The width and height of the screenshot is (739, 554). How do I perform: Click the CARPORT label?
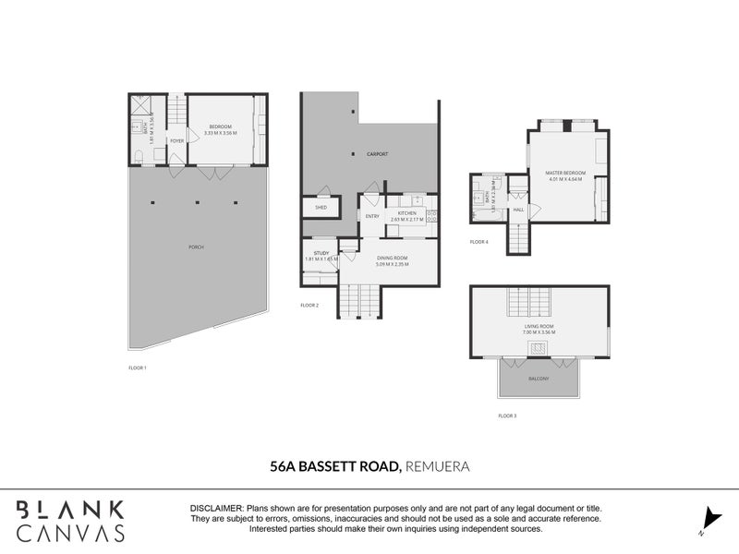[375, 154]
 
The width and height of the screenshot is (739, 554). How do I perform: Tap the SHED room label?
[321, 208]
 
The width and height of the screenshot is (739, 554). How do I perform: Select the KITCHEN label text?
[407, 213]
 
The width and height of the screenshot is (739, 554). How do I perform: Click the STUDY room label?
[321, 253]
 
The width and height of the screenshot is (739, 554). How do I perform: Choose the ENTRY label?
[372, 217]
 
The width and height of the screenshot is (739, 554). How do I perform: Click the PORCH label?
[195, 247]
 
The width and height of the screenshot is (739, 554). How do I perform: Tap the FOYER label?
[176, 140]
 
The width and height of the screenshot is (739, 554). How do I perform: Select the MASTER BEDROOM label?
[566, 173]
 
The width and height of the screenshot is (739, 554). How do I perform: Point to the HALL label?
[518, 211]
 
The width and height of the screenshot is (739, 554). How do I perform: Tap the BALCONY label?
[539, 379]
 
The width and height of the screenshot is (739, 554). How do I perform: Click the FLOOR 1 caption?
[138, 368]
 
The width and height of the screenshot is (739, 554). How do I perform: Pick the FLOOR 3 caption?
[507, 416]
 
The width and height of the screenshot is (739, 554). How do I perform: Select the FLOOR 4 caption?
[479, 242]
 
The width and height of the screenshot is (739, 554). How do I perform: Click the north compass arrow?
[709, 520]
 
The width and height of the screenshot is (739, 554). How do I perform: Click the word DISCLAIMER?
[216, 509]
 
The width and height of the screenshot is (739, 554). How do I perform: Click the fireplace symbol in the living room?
[539, 347]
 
